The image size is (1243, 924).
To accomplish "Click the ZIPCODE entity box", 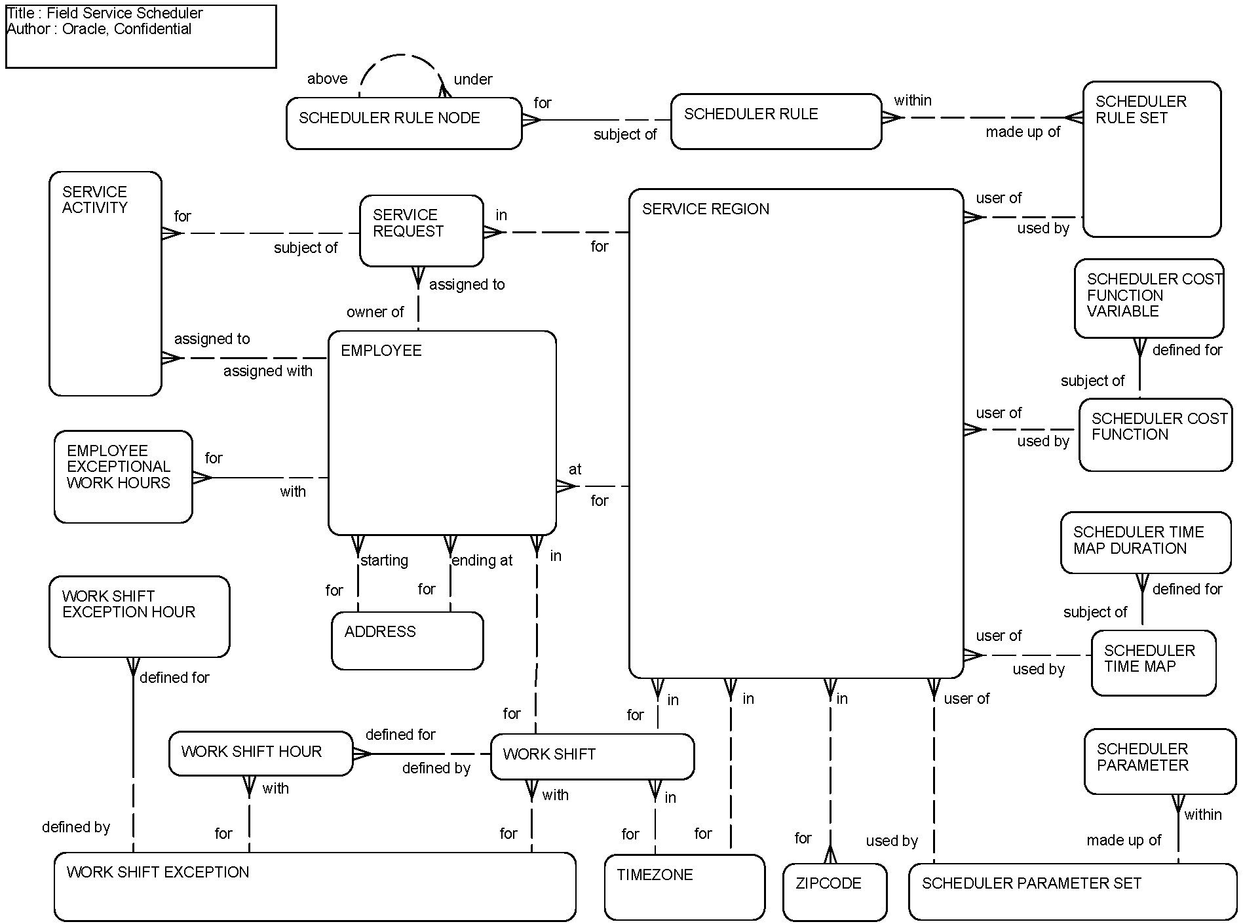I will click(x=834, y=892).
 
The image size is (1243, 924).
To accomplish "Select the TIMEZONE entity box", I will click(x=684, y=887).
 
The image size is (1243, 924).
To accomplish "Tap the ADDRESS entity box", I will click(x=407, y=640).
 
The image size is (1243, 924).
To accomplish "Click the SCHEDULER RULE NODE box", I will click(x=404, y=123).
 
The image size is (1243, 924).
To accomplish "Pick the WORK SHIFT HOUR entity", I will click(x=261, y=753).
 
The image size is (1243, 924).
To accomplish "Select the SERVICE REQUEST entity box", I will click(x=421, y=231).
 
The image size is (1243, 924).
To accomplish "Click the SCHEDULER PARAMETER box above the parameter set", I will click(x=1159, y=761).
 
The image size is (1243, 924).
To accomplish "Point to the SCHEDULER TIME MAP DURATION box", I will click(x=1145, y=542).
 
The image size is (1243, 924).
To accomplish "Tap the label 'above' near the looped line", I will click(x=327, y=79).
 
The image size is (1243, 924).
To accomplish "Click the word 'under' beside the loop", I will click(x=472, y=80).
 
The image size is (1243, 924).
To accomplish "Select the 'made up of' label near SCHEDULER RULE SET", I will click(x=1022, y=132).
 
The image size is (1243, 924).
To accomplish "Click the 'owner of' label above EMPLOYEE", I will click(x=375, y=313).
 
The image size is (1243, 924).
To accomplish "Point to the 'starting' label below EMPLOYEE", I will click(x=385, y=561).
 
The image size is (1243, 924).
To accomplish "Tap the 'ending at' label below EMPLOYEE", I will click(x=482, y=561).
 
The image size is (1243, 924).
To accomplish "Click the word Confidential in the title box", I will click(x=152, y=29).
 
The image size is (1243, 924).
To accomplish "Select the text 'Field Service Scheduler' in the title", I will click(x=124, y=13).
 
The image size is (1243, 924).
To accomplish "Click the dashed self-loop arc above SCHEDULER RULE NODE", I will click(x=401, y=56).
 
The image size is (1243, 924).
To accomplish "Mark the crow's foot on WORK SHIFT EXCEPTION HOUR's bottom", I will click(x=133, y=666).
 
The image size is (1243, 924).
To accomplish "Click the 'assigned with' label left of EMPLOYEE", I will click(x=267, y=372).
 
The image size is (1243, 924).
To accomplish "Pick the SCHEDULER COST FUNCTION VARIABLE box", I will click(x=1148, y=298).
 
